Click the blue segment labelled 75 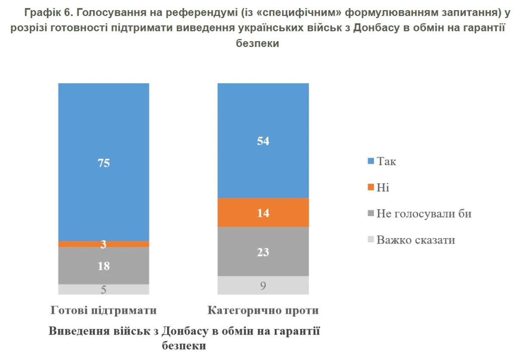click(103, 129)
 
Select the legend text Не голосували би click(424, 213)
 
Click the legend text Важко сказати click(416, 240)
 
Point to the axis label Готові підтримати click(103, 310)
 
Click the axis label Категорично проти click(263, 310)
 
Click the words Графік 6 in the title click(50, 13)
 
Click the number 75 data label click(103, 163)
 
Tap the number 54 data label click(263, 141)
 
